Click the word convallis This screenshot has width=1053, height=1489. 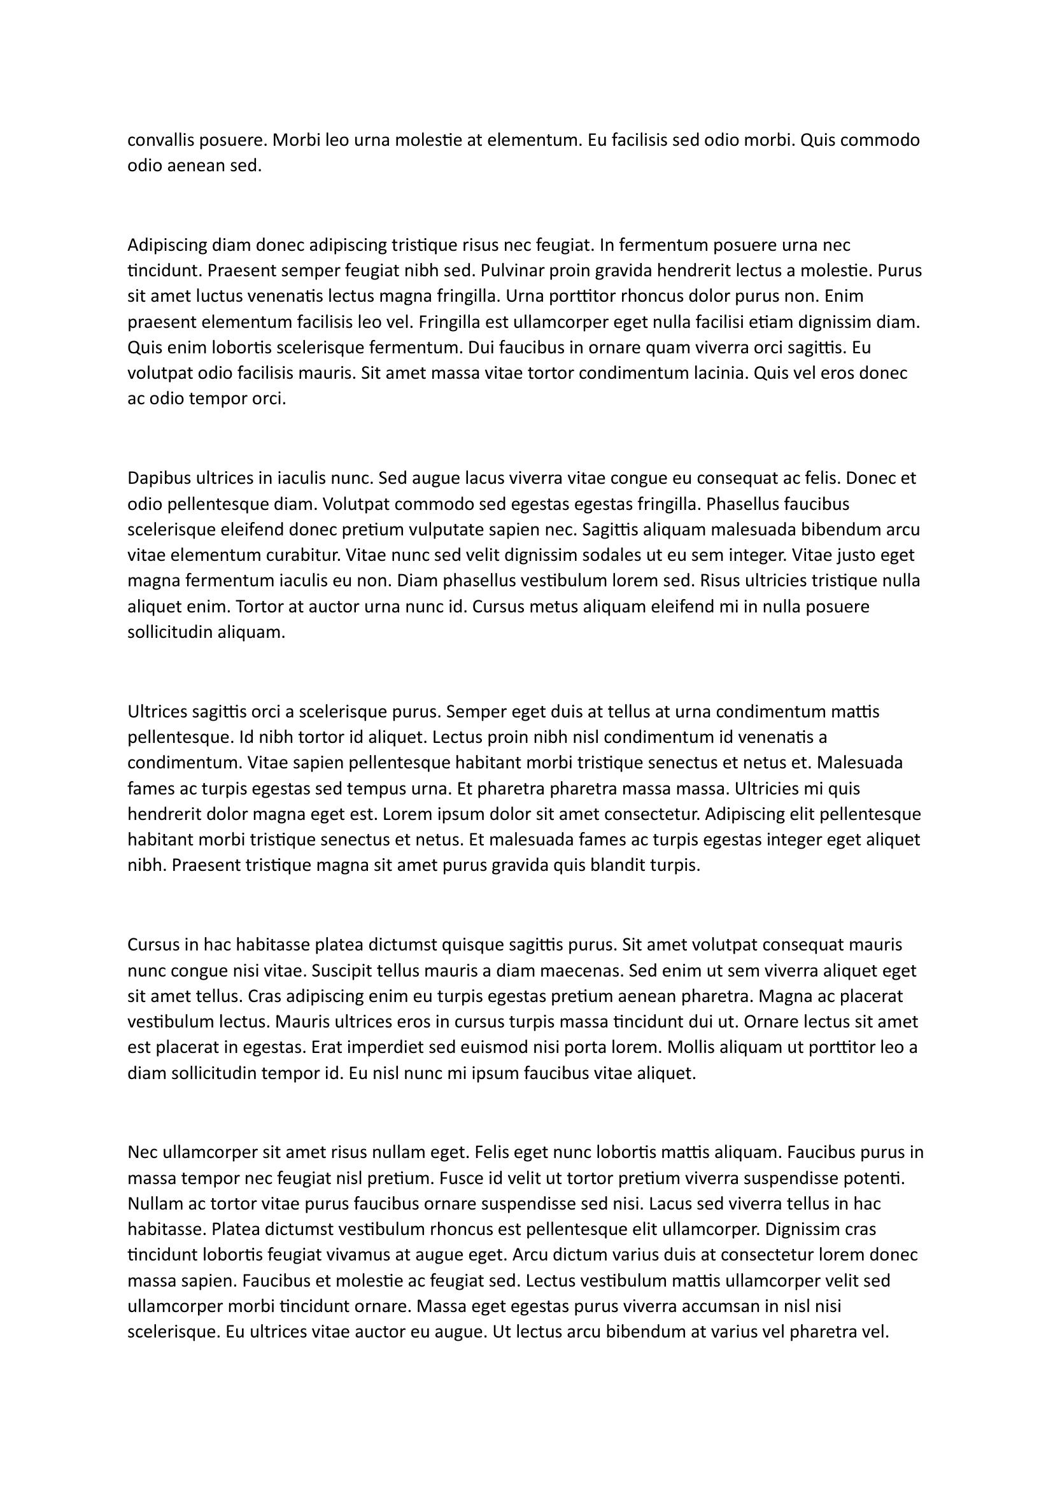[x=159, y=140]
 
